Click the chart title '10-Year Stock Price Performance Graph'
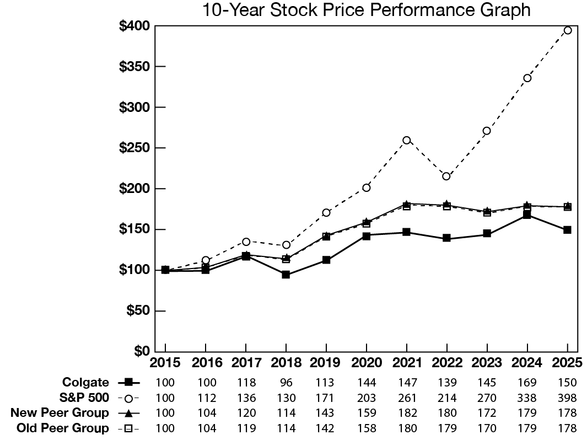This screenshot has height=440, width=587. tap(367, 10)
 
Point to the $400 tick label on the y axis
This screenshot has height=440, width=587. tap(134, 26)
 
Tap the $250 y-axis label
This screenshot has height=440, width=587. tap(134, 148)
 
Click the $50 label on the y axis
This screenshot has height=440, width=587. tap(138, 310)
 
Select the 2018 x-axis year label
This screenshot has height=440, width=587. tap(286, 363)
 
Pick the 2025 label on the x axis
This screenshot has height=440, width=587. tap(567, 363)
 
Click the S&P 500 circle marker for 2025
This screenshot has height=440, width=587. tap(567, 30)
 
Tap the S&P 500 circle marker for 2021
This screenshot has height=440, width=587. tap(407, 140)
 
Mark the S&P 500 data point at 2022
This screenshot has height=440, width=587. tap(446, 176)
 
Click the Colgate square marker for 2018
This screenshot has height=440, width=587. tap(286, 275)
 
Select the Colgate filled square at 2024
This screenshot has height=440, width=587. tap(527, 215)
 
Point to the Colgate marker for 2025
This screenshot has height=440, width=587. tap(567, 230)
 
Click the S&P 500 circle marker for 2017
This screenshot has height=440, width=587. tap(246, 242)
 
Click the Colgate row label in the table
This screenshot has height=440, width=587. tap(85, 382)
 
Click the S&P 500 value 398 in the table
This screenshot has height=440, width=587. tap(567, 398)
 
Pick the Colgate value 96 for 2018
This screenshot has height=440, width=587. tap(286, 382)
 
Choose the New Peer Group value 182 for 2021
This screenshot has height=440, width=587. tap(407, 413)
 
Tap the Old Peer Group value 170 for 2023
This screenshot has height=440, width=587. tap(487, 428)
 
